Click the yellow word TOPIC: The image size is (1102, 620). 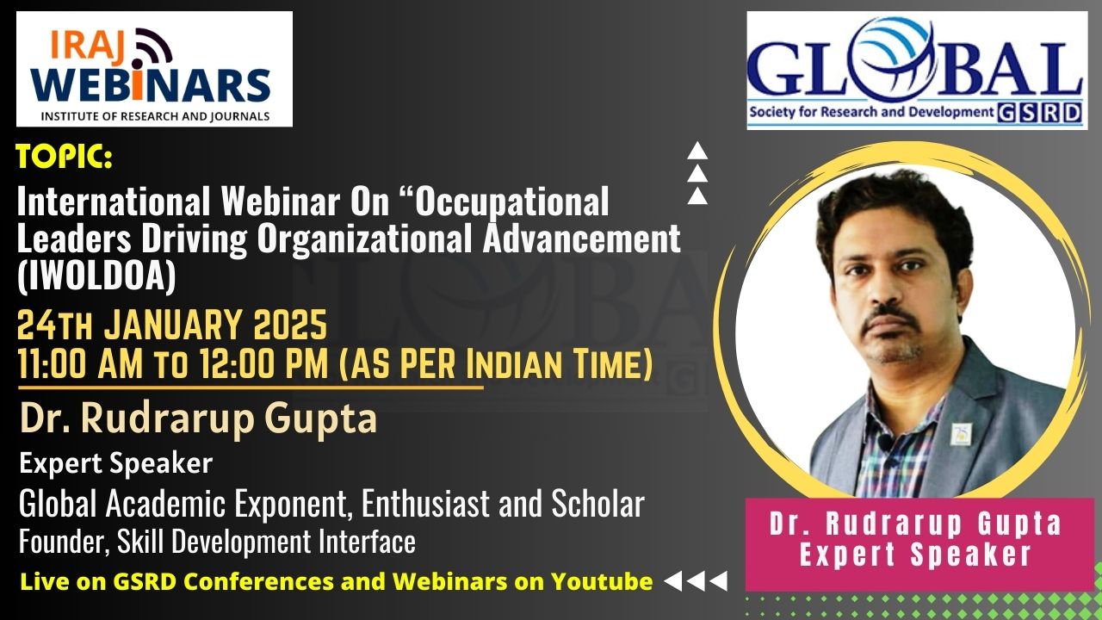tap(65, 157)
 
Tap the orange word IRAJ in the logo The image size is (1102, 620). tap(88, 47)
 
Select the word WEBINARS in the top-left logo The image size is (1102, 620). tap(151, 84)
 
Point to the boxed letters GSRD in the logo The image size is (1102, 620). tap(1039, 113)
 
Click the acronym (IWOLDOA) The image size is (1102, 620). tap(96, 276)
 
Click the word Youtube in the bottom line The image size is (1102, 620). tap(602, 581)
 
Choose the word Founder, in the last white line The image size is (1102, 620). tap(65, 542)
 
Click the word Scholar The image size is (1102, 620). tap(597, 503)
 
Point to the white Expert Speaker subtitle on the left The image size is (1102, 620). tap(116, 463)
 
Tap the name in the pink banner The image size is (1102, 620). tap(915, 524)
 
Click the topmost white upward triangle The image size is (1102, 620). tap(697, 151)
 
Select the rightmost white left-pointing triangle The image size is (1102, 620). tap(719, 581)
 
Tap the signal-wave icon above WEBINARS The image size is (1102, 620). tap(152, 47)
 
